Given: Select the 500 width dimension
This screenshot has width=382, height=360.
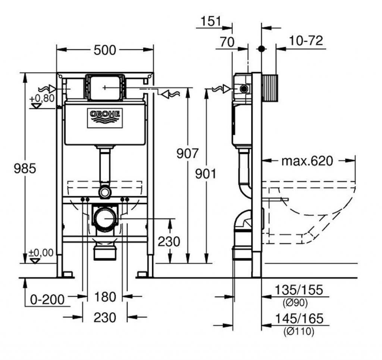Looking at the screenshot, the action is point(105,50).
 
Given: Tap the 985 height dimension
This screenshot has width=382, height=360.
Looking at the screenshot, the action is point(25,168).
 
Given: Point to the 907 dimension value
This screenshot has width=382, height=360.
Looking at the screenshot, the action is point(188,153).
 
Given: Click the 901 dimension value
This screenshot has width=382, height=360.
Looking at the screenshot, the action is point(206,174).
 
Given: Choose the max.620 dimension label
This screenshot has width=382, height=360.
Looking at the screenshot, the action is point(307,161).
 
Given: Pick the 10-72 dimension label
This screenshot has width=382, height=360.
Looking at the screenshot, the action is point(306,40).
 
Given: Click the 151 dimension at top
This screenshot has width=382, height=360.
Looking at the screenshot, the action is point(211,21).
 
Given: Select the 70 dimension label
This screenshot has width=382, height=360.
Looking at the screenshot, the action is point(227,42).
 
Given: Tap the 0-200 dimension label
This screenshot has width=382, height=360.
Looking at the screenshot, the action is point(47,299).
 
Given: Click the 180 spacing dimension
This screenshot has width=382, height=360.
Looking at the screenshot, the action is point(105,297).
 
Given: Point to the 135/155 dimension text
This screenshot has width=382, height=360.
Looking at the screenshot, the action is point(299,290).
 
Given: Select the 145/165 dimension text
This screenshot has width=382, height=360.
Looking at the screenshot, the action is point(299,319).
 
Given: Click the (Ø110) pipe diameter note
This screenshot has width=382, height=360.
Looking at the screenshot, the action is point(299,331).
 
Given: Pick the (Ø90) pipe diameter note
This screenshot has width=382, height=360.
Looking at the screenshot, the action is point(295,303).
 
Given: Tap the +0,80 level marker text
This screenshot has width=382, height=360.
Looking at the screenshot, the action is point(42,99).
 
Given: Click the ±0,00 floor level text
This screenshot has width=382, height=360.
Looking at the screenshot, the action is point(41,253).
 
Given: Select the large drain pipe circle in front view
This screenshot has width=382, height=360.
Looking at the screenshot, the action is point(105,218).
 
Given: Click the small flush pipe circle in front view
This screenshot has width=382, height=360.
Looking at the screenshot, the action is point(105,192).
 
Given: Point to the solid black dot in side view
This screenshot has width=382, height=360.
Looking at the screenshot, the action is point(262,49).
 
